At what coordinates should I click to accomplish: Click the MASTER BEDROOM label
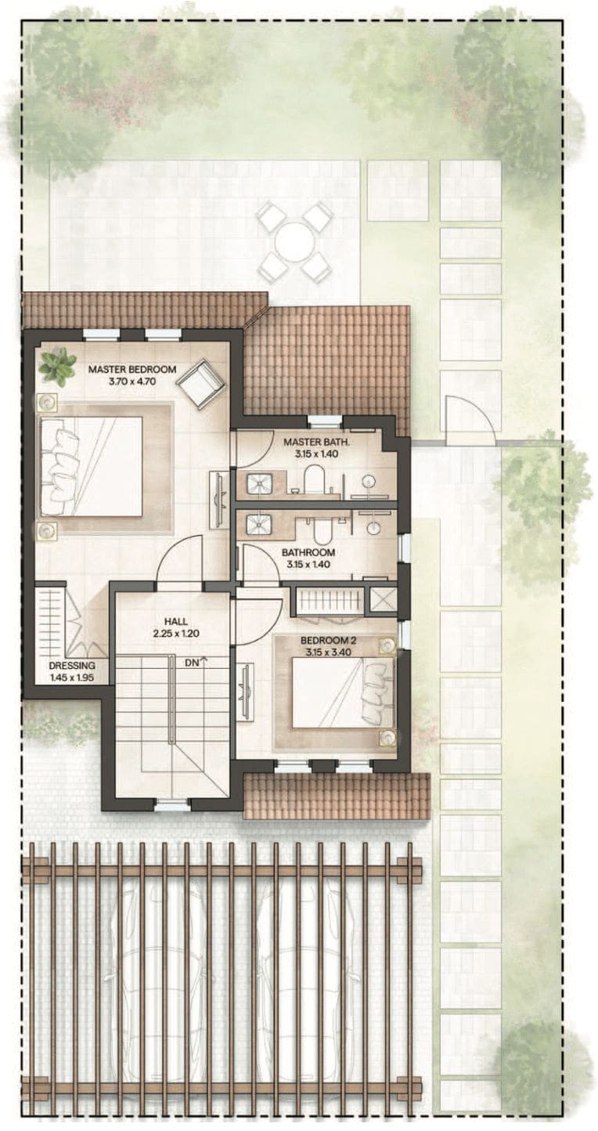pyautogui.click(x=132, y=369)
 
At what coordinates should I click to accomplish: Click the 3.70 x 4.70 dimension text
pyautogui.click(x=132, y=381)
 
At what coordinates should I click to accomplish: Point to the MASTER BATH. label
pyautogui.click(x=316, y=442)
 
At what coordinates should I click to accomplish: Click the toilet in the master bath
pyautogui.click(x=314, y=479)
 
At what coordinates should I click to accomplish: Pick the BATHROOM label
pyautogui.click(x=308, y=552)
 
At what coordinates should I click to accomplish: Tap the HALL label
pyautogui.click(x=175, y=622)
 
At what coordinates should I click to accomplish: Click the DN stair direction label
pyautogui.click(x=192, y=663)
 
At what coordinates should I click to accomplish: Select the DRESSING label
pyautogui.click(x=72, y=666)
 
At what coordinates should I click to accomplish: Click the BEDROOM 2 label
pyautogui.click(x=329, y=641)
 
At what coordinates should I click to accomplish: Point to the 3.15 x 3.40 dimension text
pyautogui.click(x=329, y=652)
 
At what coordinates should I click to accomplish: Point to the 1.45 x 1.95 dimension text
pyautogui.click(x=72, y=678)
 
